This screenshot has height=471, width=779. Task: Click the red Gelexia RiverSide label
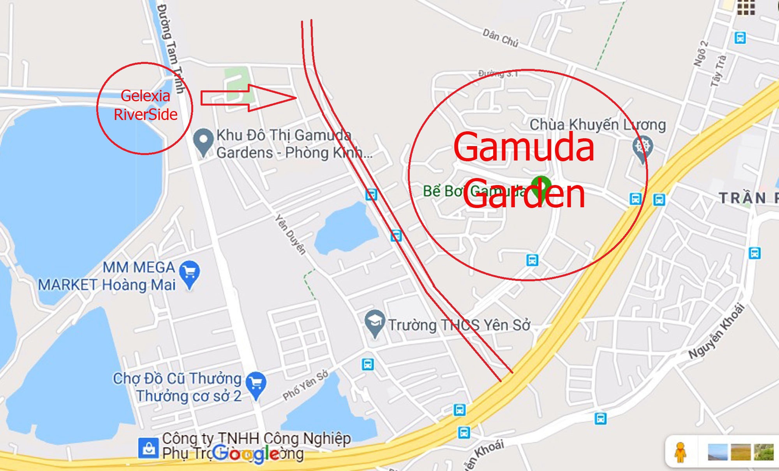[x=145, y=105]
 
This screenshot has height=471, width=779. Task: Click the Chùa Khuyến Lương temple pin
[x=642, y=148]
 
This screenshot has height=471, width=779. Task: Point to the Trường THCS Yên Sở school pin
[x=375, y=323]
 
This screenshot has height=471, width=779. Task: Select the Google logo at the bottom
[x=246, y=454]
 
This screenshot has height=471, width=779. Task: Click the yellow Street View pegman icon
[x=680, y=452]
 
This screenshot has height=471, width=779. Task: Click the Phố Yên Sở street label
[x=305, y=385]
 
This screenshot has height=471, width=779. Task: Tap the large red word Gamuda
[x=524, y=147]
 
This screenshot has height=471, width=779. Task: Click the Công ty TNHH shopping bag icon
[x=148, y=448]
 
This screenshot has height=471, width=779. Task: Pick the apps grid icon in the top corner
[x=746, y=7]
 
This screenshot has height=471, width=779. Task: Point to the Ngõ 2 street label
[x=700, y=53]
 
